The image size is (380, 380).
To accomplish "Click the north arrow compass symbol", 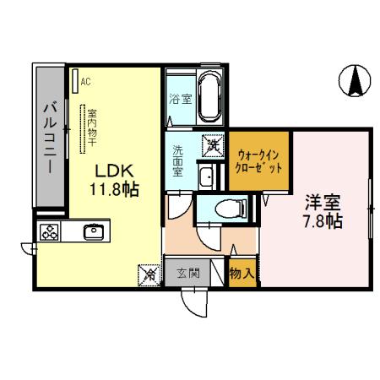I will pyautogui.click(x=356, y=79).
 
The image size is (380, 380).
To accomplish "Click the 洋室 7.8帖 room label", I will pyautogui.click(x=323, y=213).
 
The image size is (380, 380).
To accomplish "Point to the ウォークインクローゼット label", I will pyautogui.click(x=259, y=160).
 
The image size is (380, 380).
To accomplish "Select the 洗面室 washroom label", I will pyautogui.click(x=179, y=160).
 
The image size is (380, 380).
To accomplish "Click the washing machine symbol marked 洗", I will pyautogui.click(x=211, y=146).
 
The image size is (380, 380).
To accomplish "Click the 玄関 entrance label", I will pyautogui.click(x=188, y=274).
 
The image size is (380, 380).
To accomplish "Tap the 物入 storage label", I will pyautogui.click(x=241, y=274).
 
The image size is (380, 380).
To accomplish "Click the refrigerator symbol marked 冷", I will pyautogui.click(x=149, y=274).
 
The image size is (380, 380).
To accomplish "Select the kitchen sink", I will pyautogui.click(x=92, y=231).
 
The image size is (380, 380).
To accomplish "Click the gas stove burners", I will pyautogui.click(x=48, y=231).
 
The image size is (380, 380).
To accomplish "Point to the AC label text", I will pyautogui.click(x=87, y=82).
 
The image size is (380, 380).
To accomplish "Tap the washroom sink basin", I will pyautogui.click(x=205, y=176).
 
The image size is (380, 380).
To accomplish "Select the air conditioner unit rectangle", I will pyautogui.click(x=74, y=82).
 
